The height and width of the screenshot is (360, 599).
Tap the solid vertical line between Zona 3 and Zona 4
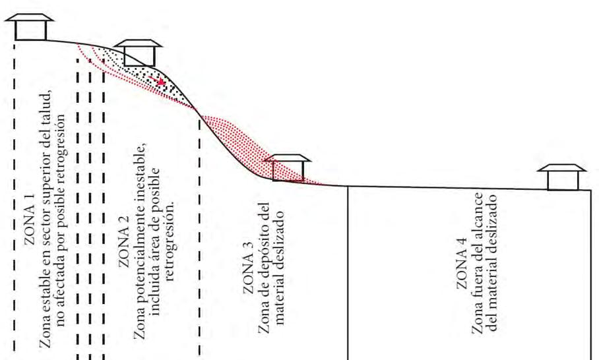(348, 270)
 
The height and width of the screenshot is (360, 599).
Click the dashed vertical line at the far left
(13, 198)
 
